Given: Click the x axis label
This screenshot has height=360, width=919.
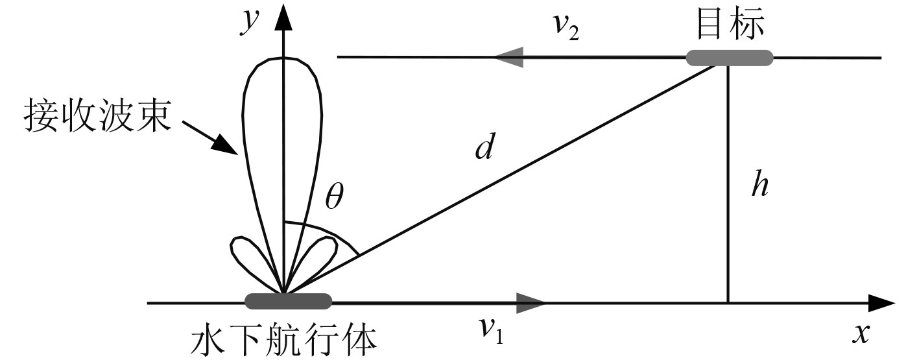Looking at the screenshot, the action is (x=861, y=333).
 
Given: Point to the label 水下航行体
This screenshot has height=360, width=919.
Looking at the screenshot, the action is (x=285, y=339).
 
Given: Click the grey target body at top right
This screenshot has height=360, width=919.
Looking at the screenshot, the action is (x=730, y=58).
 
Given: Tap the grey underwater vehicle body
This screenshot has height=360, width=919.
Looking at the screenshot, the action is (x=288, y=301).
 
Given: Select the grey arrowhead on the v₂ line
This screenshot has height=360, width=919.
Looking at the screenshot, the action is (x=510, y=56).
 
